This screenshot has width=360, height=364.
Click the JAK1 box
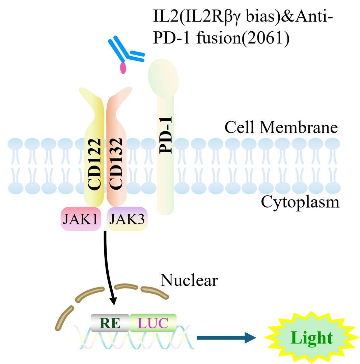point(81,219)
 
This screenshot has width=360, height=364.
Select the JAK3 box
point(127,219)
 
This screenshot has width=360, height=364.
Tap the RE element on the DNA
point(110,323)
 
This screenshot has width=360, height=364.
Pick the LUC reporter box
point(153,323)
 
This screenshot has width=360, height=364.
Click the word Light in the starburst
point(312,338)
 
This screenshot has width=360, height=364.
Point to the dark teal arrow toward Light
point(226,337)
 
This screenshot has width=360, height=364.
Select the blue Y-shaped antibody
point(127,50)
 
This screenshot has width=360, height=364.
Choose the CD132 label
point(115,164)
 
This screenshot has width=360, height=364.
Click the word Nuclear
point(189,280)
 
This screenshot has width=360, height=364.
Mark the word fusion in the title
point(219,38)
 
